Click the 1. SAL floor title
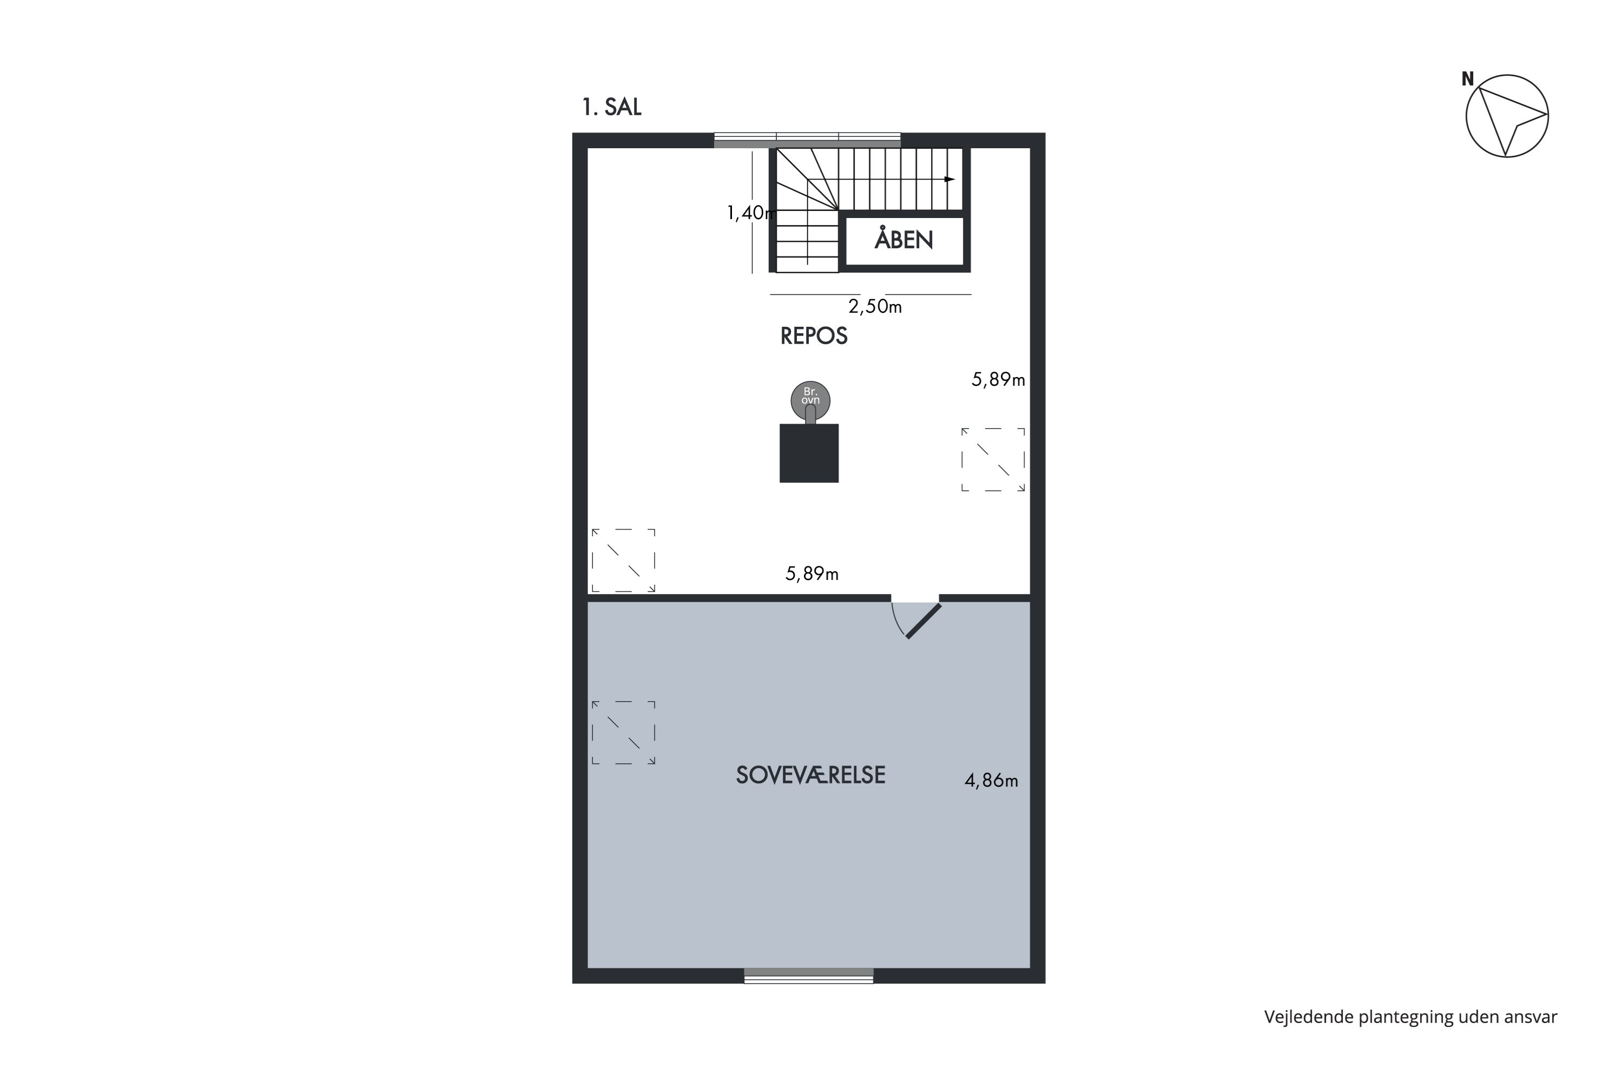611,107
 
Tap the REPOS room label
814,336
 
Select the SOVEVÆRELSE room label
810,775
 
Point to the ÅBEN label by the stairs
903,240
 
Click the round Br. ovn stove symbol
810,400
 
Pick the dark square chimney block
809,453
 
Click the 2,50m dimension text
874,306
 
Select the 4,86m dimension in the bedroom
991,781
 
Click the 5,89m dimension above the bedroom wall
811,573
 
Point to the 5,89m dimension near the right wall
998,380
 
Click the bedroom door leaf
923,621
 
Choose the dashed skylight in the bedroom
623,733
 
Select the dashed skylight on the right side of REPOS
993,459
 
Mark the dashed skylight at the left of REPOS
623,560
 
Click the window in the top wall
807,140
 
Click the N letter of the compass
1467,80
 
